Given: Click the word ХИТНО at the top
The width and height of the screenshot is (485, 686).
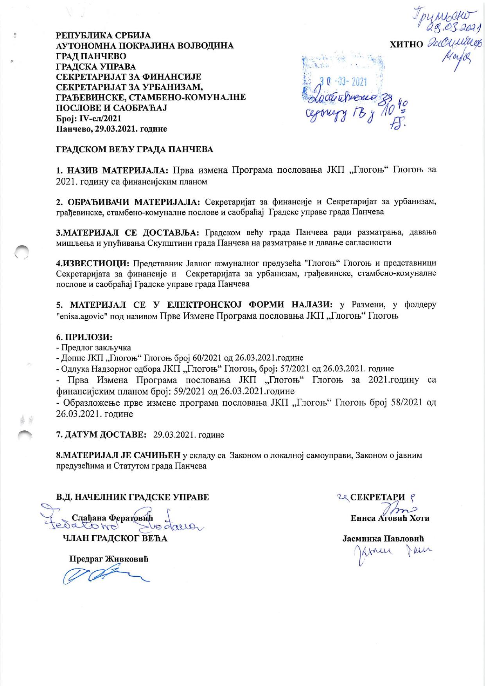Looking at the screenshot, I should pyautogui.click(x=406, y=44).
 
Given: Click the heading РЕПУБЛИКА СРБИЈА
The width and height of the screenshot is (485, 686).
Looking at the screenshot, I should pyautogui.click(x=103, y=36).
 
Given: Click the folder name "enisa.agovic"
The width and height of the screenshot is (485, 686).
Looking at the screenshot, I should pyautogui.click(x=81, y=315).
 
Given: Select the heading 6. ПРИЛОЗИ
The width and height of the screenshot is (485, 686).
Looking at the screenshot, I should pyautogui.click(x=84, y=337).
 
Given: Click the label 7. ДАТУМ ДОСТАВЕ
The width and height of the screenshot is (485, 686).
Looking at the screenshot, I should pyautogui.click(x=101, y=435).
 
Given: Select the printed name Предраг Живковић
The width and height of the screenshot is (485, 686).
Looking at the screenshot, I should pyautogui.click(x=109, y=559).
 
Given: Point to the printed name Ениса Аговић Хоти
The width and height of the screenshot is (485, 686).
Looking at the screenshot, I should pyautogui.click(x=390, y=518).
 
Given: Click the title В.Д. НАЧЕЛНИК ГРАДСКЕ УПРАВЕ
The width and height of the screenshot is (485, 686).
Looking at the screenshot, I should pyautogui.click(x=133, y=497).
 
